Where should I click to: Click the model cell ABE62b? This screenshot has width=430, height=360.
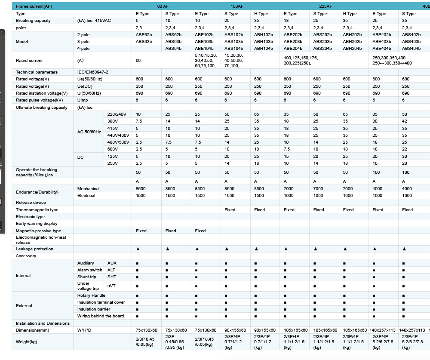144,35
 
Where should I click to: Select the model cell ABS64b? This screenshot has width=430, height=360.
173,49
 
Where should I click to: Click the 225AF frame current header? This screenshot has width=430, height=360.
326,6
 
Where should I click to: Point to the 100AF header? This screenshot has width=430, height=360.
237,6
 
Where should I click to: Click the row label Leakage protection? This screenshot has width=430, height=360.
34,249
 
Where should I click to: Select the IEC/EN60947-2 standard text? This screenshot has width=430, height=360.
93,72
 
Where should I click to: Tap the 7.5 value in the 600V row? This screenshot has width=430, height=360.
286,149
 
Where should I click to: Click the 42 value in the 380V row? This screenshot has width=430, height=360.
405,121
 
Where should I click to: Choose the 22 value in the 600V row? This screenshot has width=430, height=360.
405,149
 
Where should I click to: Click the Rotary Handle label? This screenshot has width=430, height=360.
91,295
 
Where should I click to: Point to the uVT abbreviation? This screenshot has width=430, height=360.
111,286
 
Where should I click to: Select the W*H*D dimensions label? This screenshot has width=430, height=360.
84,330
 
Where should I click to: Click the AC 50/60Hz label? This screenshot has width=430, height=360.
89,132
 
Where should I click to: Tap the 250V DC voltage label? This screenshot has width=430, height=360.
112,163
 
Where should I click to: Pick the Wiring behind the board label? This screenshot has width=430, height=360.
101,316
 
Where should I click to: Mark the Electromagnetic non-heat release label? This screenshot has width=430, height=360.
41,240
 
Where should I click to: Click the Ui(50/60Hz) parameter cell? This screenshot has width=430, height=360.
89,93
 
